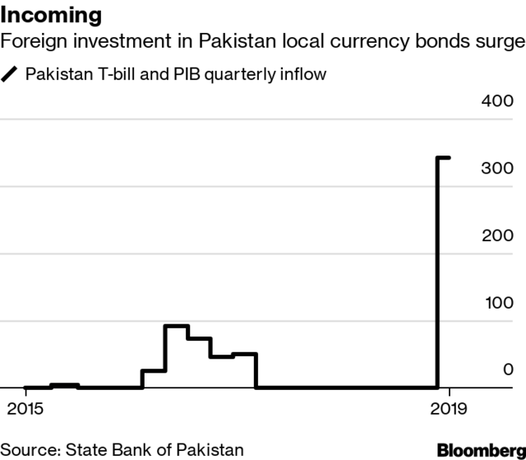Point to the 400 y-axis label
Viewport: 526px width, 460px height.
(497, 102)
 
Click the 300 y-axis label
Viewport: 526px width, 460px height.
(497, 169)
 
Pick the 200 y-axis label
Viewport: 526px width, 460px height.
(497, 235)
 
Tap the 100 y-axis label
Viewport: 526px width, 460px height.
(497, 302)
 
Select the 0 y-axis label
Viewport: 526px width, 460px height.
(508, 369)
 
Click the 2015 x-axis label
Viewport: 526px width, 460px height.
(25, 408)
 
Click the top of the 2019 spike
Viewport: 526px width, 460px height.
(442, 157)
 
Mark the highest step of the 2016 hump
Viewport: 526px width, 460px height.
(177, 326)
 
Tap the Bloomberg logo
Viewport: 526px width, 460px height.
(481, 449)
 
